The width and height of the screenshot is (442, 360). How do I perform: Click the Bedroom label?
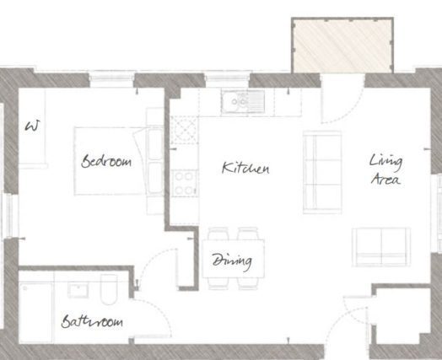[x=106, y=161]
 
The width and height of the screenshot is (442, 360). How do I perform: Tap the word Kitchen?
[x=245, y=168]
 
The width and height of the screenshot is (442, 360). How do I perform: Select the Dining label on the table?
[x=232, y=261]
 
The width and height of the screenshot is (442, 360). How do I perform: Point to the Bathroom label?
[x=92, y=321]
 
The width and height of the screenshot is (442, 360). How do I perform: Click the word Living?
[x=385, y=162]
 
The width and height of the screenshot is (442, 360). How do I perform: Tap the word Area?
[x=385, y=179]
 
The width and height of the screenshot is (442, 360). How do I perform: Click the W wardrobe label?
[x=32, y=126]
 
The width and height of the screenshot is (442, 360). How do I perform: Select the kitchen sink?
[x=243, y=101]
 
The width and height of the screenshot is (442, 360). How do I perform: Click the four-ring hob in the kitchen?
[x=185, y=183]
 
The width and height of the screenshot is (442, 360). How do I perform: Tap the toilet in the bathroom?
[x=109, y=289]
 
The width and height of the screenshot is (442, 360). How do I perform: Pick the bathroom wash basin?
[x=78, y=290]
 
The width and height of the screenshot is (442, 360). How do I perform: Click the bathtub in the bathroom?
[x=36, y=313]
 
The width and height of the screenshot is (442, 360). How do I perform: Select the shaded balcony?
[x=342, y=46]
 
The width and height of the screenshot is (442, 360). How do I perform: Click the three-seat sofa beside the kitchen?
[x=322, y=172]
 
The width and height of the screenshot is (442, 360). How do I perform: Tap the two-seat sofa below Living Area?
[x=381, y=247]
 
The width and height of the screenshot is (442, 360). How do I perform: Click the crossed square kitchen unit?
[x=184, y=130]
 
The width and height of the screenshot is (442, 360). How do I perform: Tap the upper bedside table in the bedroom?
[x=154, y=117]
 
